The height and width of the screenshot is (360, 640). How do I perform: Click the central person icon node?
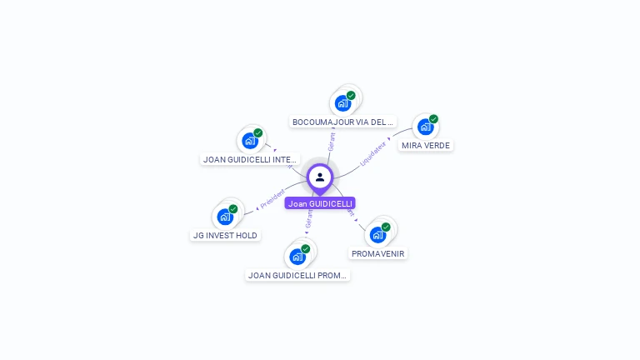pos(320,177)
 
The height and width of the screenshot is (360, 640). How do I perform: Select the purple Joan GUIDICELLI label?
pos(320,203)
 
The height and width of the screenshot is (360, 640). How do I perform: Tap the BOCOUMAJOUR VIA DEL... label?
pos(342,122)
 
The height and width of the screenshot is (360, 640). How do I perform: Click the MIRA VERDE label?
pos(425,145)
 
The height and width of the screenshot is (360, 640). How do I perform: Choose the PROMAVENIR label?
pos(379,253)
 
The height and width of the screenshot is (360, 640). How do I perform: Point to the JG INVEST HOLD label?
pos(225,235)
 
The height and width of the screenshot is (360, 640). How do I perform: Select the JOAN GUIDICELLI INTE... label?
pos(250,159)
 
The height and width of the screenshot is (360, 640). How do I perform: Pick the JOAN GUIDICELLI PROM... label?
pos(297,275)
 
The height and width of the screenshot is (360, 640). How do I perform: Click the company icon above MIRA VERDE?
pos(425,127)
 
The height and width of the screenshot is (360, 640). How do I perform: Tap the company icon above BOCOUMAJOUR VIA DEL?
pos(342,103)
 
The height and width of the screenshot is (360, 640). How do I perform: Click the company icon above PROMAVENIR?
pos(377,235)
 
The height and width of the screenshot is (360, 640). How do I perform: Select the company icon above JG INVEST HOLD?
pos(224,217)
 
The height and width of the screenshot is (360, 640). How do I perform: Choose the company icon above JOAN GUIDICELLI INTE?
pos(249,141)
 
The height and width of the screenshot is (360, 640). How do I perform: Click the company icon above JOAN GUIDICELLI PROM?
pos(297,257)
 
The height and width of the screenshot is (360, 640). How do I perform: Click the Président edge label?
pos(272,198)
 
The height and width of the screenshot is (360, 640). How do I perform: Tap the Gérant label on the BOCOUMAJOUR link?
pos(332,141)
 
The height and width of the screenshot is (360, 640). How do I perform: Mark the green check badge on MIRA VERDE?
pos(433,119)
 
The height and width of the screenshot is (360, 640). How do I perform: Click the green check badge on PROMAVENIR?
pos(386,227)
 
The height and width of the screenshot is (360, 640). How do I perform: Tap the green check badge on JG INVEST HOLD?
pos(233,208)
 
